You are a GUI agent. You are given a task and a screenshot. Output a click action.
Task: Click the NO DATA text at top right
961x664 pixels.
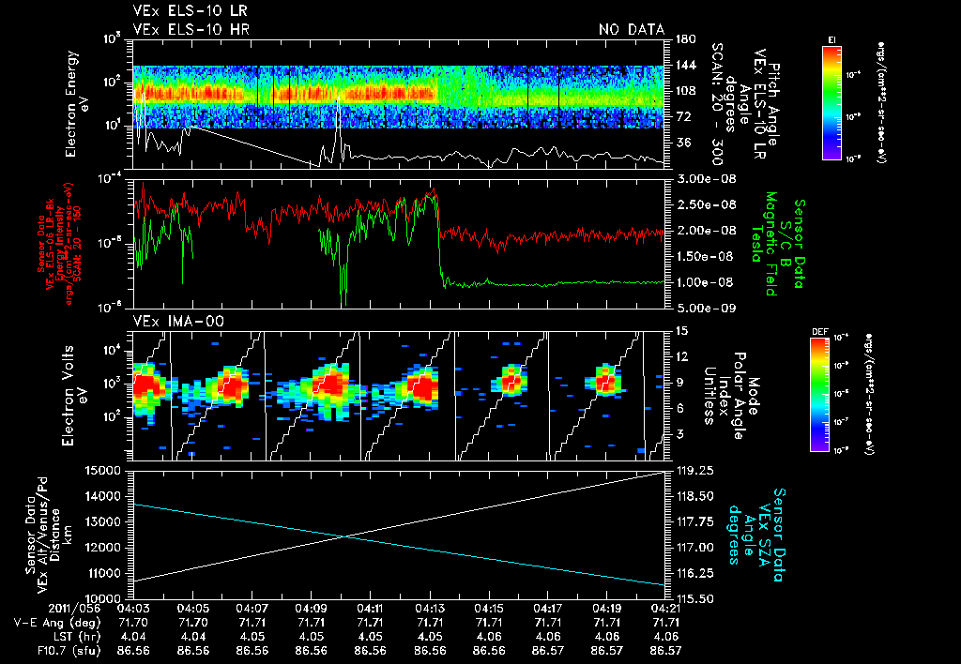tap(631, 30)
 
